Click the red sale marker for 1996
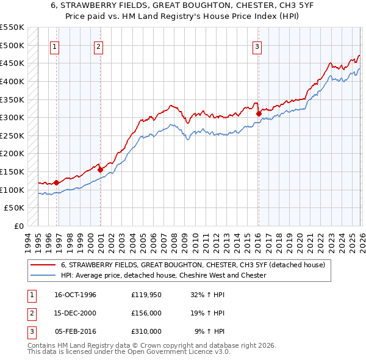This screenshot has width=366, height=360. click(57, 182)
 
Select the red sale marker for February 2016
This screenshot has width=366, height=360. click(258, 113)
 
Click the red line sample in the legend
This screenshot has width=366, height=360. click(43, 265)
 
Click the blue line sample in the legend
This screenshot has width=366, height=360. click(43, 275)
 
